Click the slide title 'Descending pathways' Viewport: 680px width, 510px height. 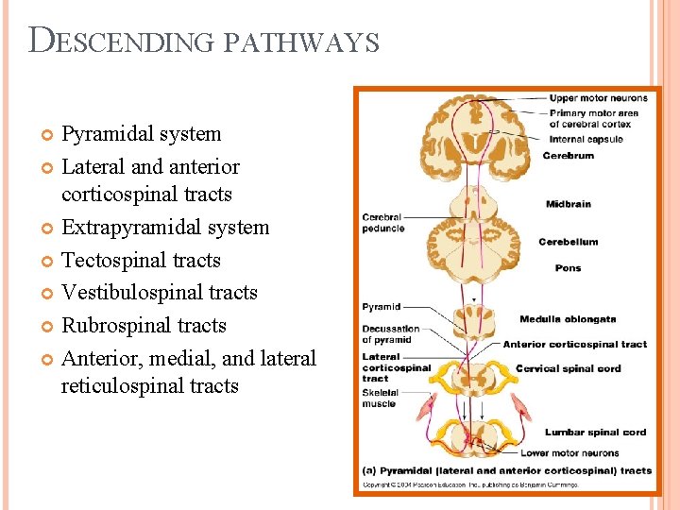click(x=204, y=42)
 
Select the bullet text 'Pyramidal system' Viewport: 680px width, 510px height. click(x=141, y=134)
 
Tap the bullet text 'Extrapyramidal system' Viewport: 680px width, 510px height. click(x=165, y=228)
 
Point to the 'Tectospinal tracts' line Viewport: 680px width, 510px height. click(x=141, y=260)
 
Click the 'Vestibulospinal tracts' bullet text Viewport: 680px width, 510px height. click(x=159, y=293)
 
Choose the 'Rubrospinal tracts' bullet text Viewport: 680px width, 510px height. click(x=144, y=325)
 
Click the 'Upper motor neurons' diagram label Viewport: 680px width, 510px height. click(x=598, y=98)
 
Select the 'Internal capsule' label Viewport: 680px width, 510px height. click(x=586, y=140)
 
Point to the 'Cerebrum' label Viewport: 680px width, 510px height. click(x=568, y=156)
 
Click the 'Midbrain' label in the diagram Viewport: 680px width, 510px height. click(x=569, y=204)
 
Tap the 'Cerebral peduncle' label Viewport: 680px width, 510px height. click(x=383, y=223)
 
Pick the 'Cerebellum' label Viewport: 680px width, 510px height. click(x=568, y=242)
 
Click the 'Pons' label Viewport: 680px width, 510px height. click(x=568, y=268)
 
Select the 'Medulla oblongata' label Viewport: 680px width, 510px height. click(x=567, y=319)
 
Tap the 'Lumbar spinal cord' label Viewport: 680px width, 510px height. click(x=595, y=433)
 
